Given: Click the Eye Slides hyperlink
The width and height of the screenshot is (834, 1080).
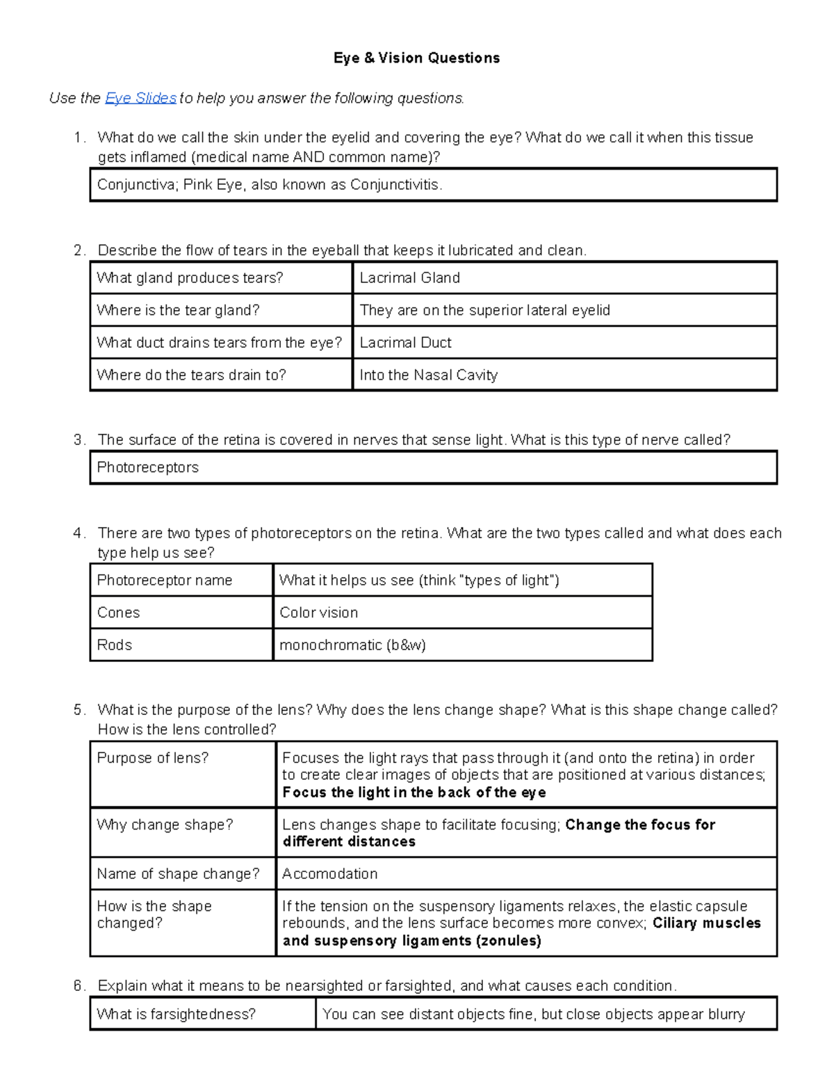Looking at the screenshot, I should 140,98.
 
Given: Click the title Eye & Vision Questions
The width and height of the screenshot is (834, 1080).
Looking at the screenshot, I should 416,58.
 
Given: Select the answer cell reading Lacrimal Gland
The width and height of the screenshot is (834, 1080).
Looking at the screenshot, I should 409,278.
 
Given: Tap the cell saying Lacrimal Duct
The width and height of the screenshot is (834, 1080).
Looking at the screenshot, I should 405,343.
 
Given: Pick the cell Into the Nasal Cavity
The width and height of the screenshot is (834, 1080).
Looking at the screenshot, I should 428,376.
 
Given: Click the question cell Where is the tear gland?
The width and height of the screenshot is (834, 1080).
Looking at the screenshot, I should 178,310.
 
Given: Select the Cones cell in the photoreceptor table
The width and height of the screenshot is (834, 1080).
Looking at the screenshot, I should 118,613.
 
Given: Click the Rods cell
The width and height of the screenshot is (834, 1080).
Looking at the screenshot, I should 115,645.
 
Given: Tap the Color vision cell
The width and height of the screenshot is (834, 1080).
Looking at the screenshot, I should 319,613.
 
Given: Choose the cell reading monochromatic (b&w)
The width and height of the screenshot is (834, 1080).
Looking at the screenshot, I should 352,645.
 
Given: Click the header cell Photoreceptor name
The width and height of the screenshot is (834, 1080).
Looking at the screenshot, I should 165,581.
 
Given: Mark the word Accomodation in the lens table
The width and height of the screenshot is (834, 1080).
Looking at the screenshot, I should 330,874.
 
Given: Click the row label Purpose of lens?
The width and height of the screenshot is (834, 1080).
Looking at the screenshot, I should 153,758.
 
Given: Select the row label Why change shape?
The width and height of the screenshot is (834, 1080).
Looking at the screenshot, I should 165,825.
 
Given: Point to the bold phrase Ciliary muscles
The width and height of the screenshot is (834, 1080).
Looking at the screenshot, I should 706,924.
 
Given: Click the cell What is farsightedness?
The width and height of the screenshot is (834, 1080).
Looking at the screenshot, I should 177,1015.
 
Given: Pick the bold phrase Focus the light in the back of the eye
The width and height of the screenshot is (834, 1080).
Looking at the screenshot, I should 414,793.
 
